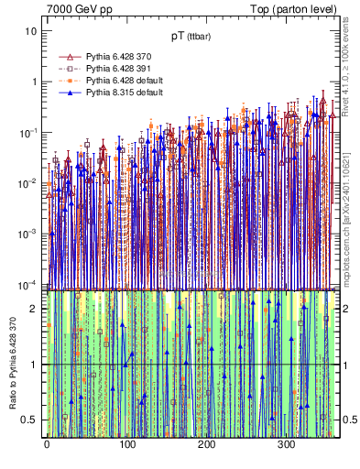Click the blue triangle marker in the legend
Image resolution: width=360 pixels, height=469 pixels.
click(70, 93)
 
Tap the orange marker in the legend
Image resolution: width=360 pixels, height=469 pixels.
click(70, 81)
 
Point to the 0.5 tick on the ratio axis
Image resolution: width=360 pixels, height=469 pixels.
click(32, 420)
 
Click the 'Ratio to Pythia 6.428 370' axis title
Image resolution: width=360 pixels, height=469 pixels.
click(11, 364)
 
